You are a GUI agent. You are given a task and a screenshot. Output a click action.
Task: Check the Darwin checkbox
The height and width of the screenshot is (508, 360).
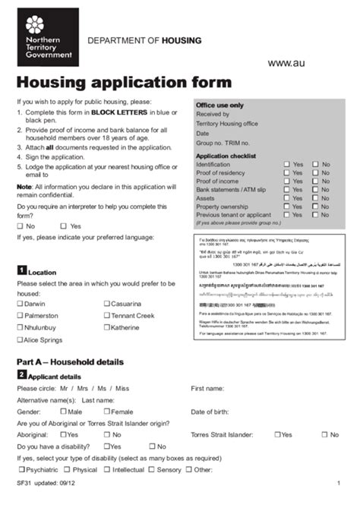21,304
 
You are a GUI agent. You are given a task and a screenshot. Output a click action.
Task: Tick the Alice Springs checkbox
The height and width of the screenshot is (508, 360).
21,339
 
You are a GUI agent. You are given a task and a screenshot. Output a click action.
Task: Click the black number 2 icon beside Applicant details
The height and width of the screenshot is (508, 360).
21,375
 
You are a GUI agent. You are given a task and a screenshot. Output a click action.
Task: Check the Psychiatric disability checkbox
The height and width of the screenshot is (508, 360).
21,469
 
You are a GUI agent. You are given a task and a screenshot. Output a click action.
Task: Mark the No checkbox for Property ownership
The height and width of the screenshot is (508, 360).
315,207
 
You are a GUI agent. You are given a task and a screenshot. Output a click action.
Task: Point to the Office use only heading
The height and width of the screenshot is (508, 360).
219,105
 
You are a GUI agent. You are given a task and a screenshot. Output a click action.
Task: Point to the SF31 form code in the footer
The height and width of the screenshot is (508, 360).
24,484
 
